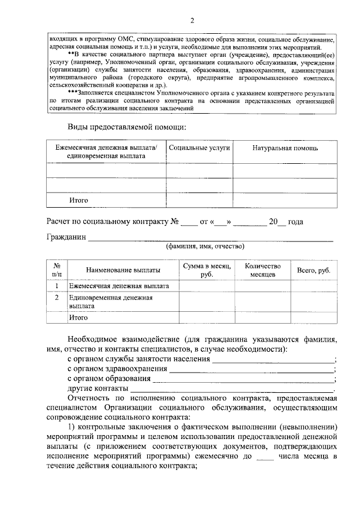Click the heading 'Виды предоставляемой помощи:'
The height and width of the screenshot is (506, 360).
127,127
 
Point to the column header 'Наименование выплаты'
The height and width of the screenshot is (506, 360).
123,270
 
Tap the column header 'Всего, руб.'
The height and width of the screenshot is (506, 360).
313,270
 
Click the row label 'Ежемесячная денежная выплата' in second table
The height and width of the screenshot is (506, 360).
119,286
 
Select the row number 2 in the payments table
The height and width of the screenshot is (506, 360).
57,297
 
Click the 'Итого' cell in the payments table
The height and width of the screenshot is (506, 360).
79,317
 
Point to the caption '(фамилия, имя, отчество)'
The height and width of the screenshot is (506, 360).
204,246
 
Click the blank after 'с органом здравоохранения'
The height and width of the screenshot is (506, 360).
251,369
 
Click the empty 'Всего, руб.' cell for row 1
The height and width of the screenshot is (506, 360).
313,286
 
